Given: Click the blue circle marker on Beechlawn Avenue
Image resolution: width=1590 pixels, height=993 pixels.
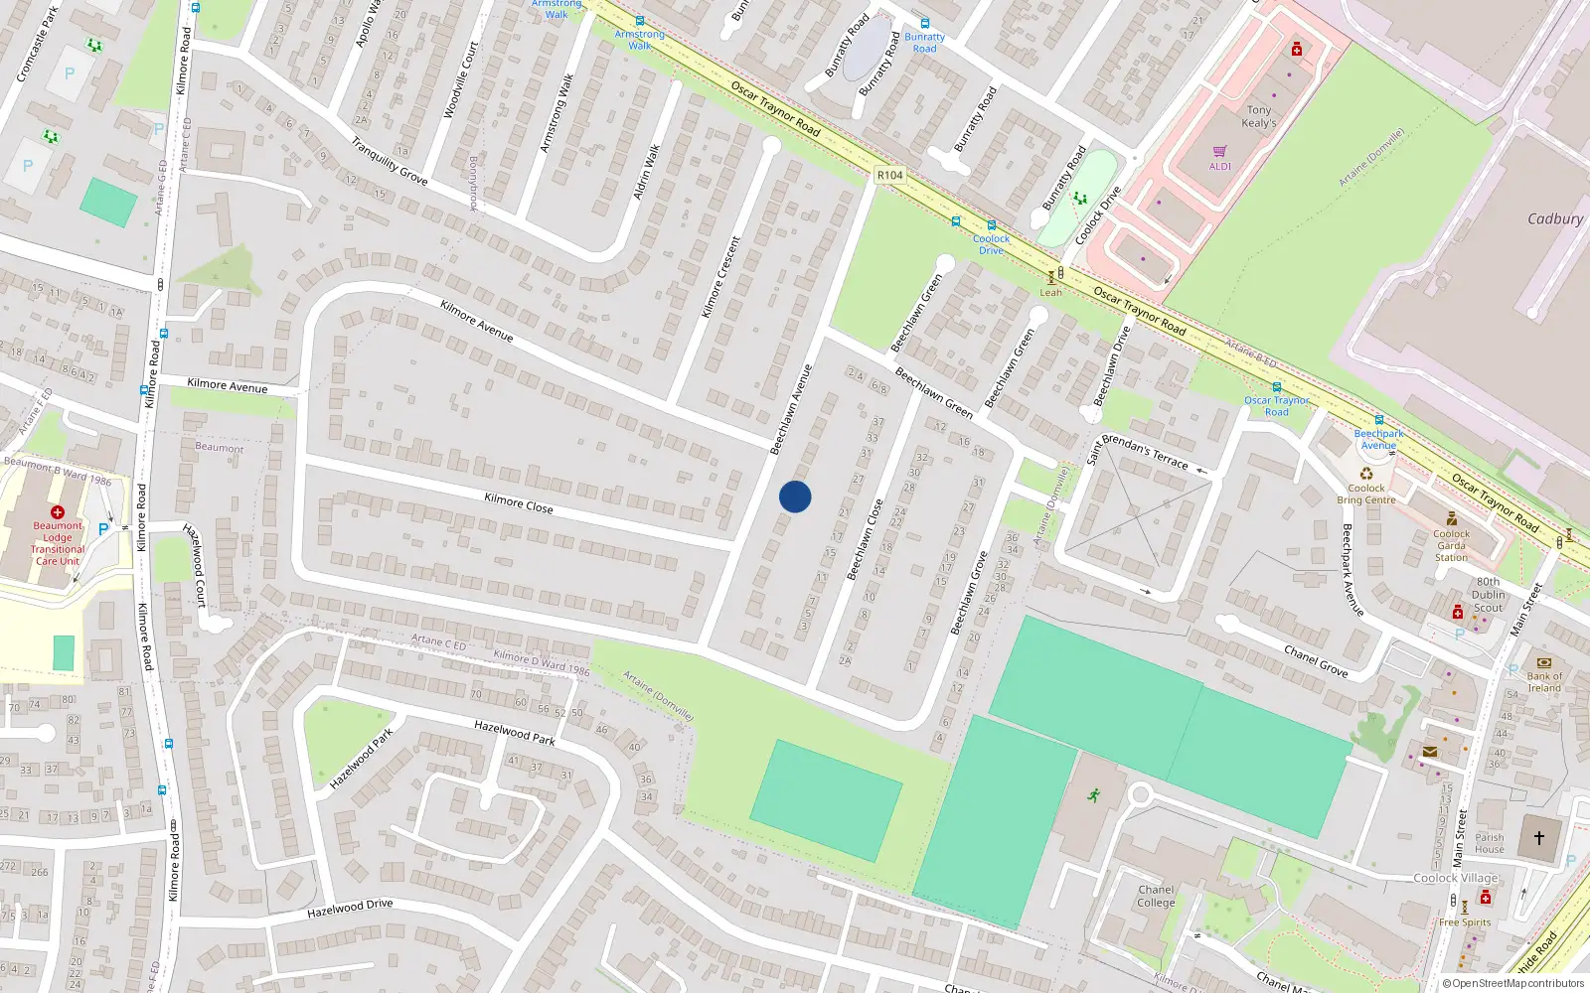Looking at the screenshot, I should (x=795, y=496).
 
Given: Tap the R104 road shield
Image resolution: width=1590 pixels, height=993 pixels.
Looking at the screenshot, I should (x=889, y=175).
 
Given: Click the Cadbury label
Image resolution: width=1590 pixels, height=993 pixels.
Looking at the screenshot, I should (x=1555, y=218).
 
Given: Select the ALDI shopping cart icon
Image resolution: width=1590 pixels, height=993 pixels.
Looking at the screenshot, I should (x=1219, y=151).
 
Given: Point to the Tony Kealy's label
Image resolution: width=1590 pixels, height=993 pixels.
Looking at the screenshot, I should (x=1259, y=116).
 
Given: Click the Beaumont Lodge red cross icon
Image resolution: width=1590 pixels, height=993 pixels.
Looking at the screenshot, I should (x=58, y=512).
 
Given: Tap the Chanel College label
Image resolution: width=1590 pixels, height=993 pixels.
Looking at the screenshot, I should (x=1156, y=896).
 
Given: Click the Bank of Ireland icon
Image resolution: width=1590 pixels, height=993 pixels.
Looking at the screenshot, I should (x=1543, y=662).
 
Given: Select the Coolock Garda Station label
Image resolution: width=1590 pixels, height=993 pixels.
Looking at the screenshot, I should (x=1451, y=545).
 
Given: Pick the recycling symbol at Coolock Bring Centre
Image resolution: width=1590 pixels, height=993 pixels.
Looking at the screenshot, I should (x=1366, y=474).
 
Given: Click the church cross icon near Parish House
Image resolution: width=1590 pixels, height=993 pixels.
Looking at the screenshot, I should (x=1539, y=838).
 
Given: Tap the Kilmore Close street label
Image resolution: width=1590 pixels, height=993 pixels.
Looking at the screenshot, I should (x=518, y=502).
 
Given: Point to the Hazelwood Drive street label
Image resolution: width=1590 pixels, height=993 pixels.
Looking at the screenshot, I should (x=350, y=908).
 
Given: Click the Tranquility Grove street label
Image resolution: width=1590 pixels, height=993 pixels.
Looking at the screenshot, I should (x=389, y=161).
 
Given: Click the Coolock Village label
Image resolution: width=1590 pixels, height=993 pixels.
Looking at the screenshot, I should (x=1455, y=878).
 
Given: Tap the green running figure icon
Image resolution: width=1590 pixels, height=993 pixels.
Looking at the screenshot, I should (x=1094, y=795).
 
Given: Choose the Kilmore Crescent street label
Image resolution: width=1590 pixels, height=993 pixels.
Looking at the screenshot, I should (x=720, y=277).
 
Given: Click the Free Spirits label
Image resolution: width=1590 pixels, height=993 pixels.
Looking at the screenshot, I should (x=1465, y=922).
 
